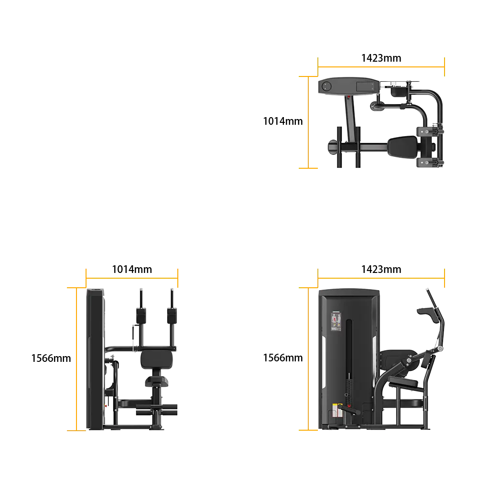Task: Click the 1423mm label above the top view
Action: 381,58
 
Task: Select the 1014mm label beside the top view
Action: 283,121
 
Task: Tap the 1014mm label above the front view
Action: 132,269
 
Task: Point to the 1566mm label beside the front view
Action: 51,358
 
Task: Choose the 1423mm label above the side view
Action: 381,269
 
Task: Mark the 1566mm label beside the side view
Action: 283,358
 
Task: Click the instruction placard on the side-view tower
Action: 336,321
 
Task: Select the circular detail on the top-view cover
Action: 326,86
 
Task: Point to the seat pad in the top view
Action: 402,147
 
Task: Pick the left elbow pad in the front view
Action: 141,315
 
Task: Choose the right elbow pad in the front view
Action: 172,315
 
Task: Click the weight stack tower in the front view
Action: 96,359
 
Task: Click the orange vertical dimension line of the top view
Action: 308,122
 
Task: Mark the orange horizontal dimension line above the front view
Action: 132,278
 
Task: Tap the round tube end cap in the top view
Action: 332,147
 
